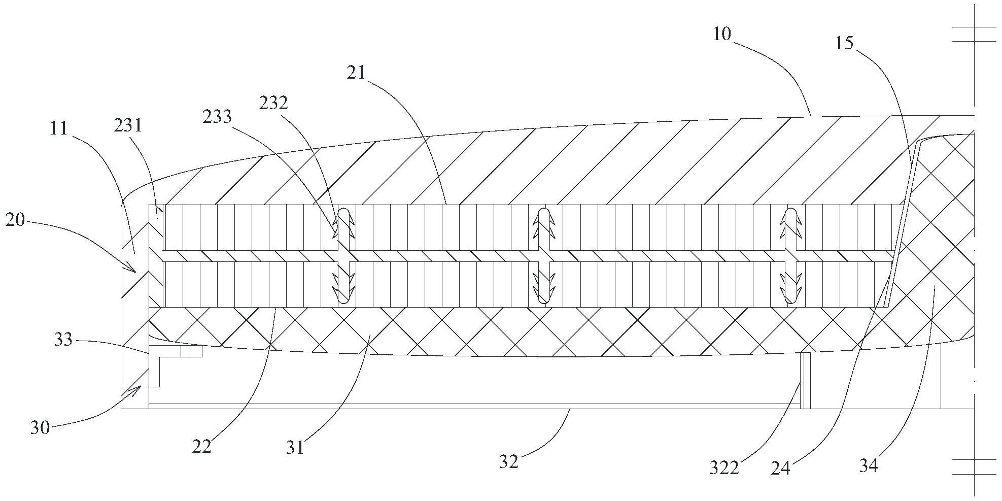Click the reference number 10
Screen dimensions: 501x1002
722,35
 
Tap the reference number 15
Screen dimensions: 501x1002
844,43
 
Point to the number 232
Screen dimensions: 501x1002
273,103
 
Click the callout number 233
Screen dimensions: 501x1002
217,117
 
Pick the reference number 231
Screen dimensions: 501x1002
128,125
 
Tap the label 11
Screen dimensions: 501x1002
59,128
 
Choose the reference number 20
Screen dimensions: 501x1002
15,221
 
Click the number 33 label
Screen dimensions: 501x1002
63,340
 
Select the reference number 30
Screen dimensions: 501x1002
40,428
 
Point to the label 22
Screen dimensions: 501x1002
201,447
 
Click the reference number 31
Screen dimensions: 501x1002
295,447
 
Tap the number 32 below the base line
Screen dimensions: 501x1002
508,461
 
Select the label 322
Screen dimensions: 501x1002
724,467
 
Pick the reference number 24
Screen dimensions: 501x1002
781,467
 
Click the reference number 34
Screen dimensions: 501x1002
868,465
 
